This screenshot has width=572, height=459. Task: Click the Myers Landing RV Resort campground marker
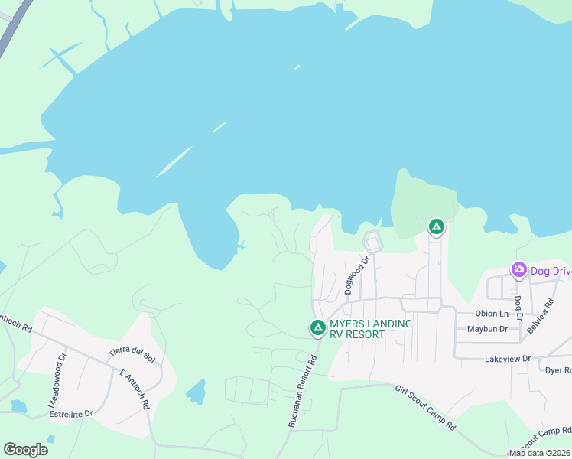point(317,327)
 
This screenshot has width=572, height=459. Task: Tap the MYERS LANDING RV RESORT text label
point(371,329)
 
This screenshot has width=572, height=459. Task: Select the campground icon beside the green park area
point(436,226)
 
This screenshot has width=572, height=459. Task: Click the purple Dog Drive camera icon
point(519,270)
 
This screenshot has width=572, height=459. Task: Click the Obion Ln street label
point(491,314)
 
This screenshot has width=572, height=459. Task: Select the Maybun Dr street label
point(487,329)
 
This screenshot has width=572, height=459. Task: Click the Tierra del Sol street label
point(131,356)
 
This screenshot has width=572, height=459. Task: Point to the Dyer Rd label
point(558,370)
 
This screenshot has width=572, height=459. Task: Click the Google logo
point(25,450)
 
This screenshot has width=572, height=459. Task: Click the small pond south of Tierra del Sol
point(197,392)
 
